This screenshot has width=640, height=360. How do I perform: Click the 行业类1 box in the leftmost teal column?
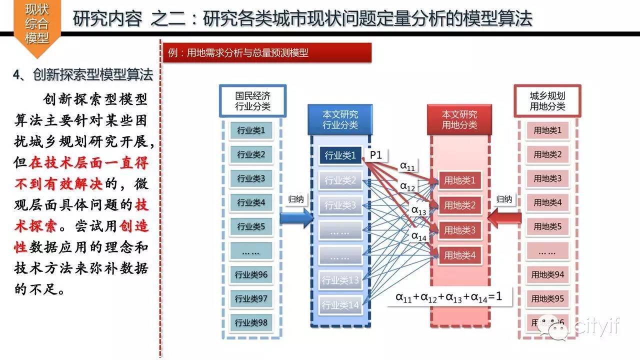tap(251, 131)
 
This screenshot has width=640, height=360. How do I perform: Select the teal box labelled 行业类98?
tap(251, 322)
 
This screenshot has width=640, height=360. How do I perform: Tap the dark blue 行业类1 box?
tap(340, 155)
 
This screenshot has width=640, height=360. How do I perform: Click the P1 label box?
tap(375, 155)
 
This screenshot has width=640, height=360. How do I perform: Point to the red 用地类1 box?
tap(459, 180)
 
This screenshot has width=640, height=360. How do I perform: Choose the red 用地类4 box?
tap(459, 256)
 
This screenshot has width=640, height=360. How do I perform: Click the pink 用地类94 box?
tap(547, 274)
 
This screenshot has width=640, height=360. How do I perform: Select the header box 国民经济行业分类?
tap(253, 100)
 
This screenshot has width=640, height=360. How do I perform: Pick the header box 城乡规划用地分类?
tap(547, 100)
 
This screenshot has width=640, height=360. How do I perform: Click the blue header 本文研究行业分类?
tap(340, 119)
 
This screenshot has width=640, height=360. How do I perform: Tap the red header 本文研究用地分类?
tap(459, 119)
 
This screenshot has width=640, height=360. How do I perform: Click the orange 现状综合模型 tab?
tap(37, 22)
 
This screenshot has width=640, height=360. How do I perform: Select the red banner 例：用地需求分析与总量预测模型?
tap(267, 52)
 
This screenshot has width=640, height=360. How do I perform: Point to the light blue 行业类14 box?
tap(340, 304)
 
